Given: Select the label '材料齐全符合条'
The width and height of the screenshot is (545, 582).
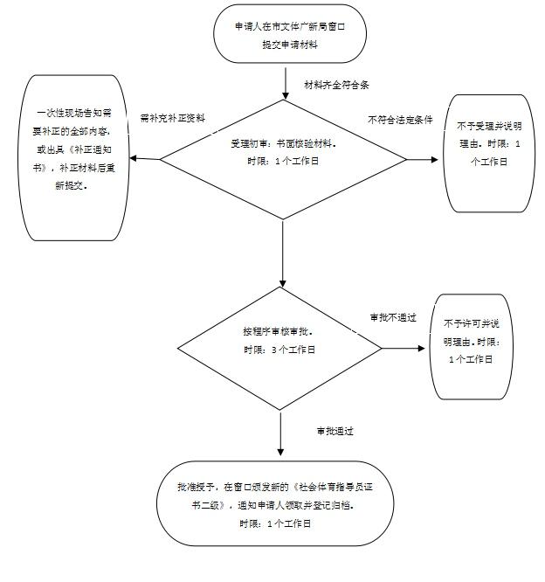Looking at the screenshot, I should tap(336, 85).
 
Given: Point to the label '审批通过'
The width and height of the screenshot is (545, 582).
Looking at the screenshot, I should tap(335, 431).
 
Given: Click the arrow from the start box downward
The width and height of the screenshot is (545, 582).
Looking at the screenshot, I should tap(285, 80).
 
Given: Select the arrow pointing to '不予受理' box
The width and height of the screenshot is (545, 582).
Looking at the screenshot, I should tap(424, 159).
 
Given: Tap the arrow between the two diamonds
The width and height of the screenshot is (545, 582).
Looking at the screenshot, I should tap(283, 253).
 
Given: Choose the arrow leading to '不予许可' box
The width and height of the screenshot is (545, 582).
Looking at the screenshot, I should tap(407, 348).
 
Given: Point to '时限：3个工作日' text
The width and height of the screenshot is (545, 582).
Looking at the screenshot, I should tap(279, 350).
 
